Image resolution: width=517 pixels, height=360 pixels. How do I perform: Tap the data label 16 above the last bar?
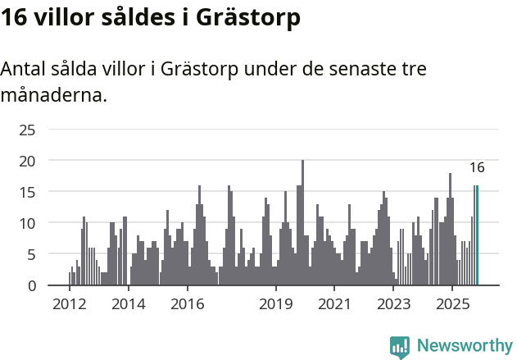pos(477,168)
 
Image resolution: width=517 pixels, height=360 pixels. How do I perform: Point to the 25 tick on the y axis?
pos(28,130)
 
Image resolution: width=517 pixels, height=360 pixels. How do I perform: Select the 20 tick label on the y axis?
pos(28,161)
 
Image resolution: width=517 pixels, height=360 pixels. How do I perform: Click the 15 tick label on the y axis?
pos(28,192)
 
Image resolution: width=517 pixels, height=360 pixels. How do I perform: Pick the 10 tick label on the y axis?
pos(28,223)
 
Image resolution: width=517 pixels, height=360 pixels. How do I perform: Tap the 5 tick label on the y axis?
pos(32,254)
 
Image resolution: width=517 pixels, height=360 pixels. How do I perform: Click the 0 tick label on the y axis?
pos(32,285)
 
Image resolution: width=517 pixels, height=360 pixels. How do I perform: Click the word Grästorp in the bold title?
pos(247,18)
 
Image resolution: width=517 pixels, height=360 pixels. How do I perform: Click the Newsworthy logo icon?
pos(400,346)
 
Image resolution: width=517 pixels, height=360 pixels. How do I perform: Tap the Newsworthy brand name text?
pos(464,346)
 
